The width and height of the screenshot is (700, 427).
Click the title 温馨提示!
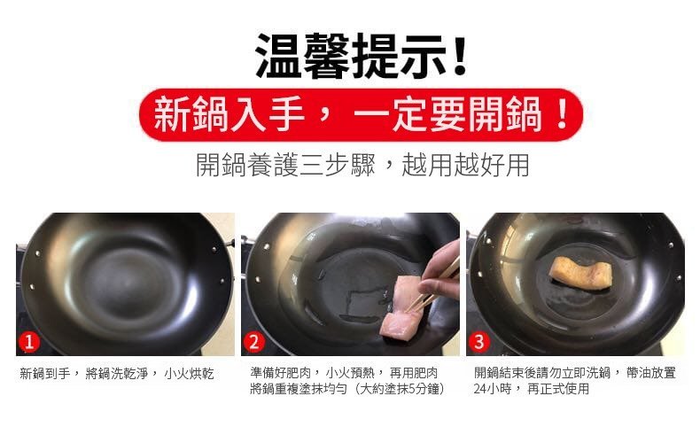tap(362, 55)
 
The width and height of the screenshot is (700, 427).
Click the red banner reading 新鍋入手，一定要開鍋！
tap(361, 114)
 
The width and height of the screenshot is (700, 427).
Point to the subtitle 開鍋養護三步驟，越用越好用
tap(362, 165)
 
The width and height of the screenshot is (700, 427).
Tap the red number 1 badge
tap(29, 342)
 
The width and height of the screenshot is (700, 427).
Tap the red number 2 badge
tap(254, 342)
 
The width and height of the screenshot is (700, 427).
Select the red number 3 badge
tap(479, 342)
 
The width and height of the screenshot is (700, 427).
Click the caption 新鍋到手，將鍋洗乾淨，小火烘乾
tap(117, 374)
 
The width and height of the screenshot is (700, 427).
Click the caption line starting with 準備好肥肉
tap(344, 373)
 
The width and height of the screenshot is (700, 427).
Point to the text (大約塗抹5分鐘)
tap(400, 389)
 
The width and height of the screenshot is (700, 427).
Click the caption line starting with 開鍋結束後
tap(575, 373)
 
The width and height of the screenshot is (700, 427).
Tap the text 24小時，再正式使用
tap(532, 389)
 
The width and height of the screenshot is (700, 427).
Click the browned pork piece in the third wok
tap(579, 272)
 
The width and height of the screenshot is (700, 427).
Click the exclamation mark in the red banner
tap(563, 114)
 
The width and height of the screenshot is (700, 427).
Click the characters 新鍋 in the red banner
tap(191, 114)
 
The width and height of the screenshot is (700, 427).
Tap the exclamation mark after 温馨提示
tap(459, 55)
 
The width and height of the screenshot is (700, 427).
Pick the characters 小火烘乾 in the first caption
tap(190, 374)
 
